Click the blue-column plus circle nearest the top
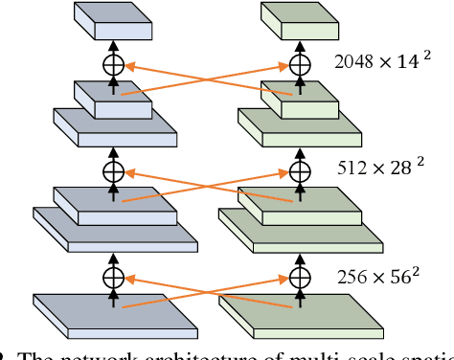(x=114, y=66)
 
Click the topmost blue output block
(x=114, y=21)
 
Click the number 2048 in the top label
(x=352, y=62)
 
